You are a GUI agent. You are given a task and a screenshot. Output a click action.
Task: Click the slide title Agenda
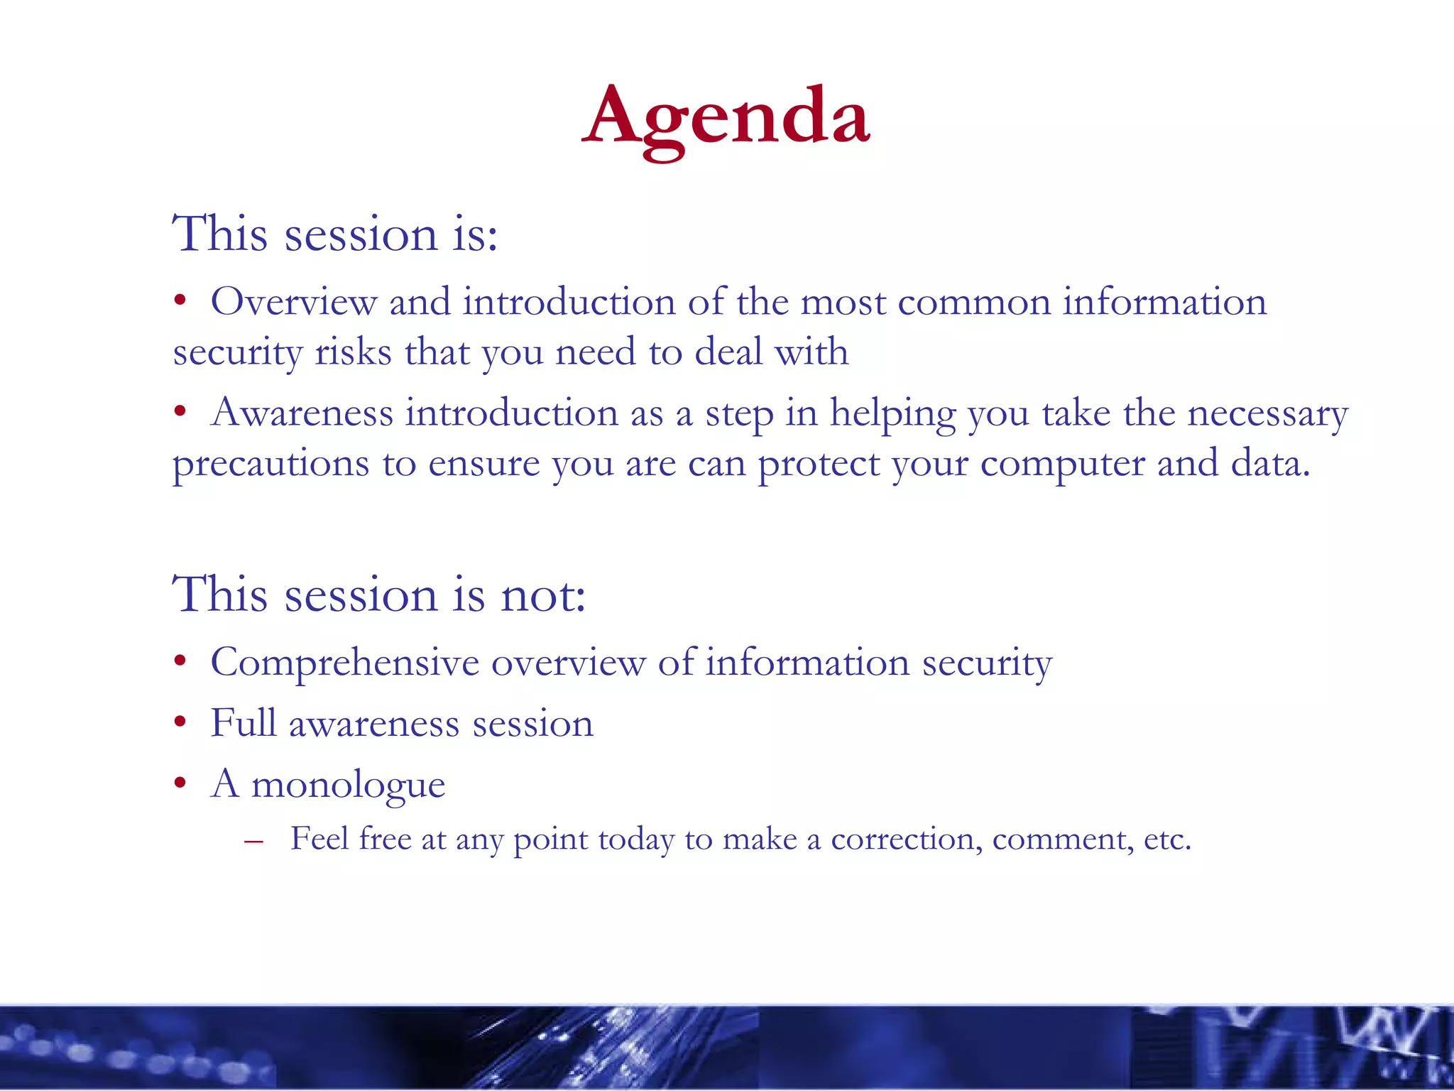click(x=726, y=117)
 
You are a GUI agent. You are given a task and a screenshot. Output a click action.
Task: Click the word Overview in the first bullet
click(x=293, y=303)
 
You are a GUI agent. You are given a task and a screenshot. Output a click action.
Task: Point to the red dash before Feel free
click(x=253, y=842)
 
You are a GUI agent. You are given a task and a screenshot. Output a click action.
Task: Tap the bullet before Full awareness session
click(x=181, y=722)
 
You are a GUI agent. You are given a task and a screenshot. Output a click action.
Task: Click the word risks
click(x=353, y=352)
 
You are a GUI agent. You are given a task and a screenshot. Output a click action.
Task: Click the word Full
click(x=243, y=724)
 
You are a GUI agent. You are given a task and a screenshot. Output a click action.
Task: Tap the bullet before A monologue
click(x=181, y=783)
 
